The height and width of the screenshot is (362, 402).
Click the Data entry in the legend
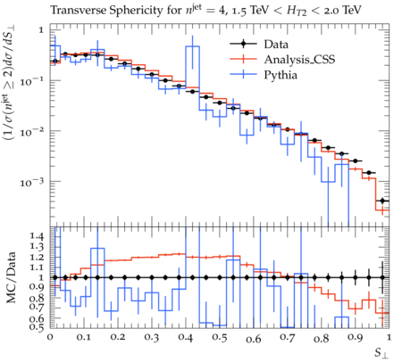(x=276, y=45)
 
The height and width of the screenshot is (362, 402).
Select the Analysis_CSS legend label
(x=299, y=60)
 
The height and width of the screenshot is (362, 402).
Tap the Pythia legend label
(x=281, y=75)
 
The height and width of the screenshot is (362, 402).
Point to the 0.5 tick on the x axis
(x=220, y=338)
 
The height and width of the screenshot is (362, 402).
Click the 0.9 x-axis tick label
(x=356, y=338)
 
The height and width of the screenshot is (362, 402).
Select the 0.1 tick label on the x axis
(x=84, y=338)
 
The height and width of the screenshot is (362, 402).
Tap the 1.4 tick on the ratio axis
(x=38, y=236)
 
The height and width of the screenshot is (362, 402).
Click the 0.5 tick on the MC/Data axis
(x=38, y=326)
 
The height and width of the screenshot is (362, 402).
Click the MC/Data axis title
(x=11, y=277)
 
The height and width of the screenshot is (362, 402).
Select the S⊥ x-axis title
(x=381, y=353)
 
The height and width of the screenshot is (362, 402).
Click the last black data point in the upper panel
(x=382, y=201)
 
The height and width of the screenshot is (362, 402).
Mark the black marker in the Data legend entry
(x=243, y=45)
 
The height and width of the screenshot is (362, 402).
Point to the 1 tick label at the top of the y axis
(x=41, y=30)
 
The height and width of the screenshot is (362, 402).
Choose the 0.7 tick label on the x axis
(x=288, y=338)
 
